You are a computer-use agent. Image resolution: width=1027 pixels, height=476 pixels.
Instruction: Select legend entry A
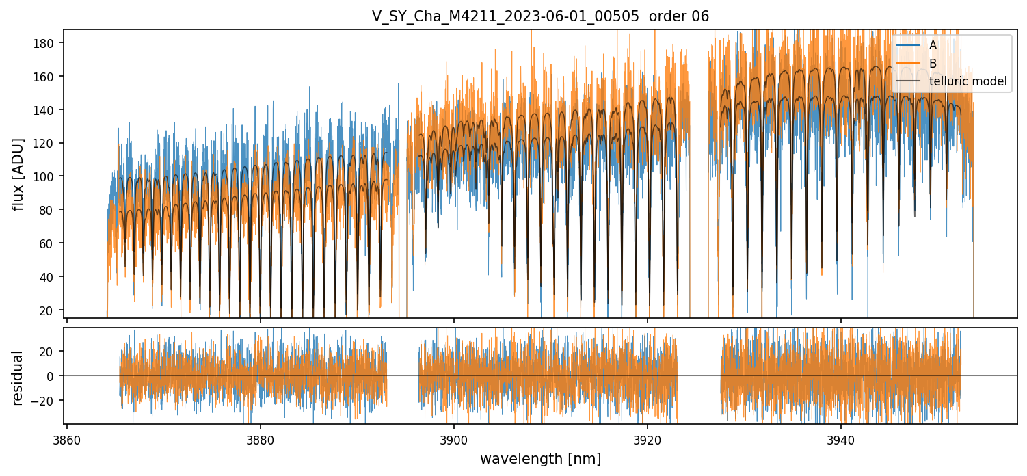[x=933, y=45]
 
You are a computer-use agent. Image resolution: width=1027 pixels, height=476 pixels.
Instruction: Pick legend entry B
[x=933, y=63]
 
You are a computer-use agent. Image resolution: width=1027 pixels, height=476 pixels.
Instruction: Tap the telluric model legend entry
[x=968, y=81]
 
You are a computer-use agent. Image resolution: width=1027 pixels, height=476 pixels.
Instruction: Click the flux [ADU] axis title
[x=18, y=174]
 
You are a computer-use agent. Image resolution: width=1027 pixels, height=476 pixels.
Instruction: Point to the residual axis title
[x=18, y=378]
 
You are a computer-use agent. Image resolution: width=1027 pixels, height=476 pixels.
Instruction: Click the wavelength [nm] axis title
[x=540, y=459]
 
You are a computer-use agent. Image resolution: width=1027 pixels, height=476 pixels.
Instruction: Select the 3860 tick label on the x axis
[x=66, y=438]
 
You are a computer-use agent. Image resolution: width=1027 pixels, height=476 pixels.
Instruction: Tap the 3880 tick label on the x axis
[x=260, y=438]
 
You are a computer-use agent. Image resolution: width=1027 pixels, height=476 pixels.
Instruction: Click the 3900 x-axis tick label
[x=454, y=438]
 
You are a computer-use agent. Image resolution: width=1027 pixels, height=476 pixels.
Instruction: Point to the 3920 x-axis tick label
[x=648, y=438]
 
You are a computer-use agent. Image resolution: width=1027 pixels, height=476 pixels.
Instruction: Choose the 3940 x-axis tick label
[x=841, y=438]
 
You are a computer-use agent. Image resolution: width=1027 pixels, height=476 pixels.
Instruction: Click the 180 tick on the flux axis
[x=46, y=43]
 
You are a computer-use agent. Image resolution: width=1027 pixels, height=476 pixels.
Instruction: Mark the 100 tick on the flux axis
[x=46, y=176]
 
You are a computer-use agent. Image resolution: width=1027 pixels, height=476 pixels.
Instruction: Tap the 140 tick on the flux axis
[x=46, y=110]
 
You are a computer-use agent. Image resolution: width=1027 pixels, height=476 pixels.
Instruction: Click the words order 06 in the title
[x=680, y=16]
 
